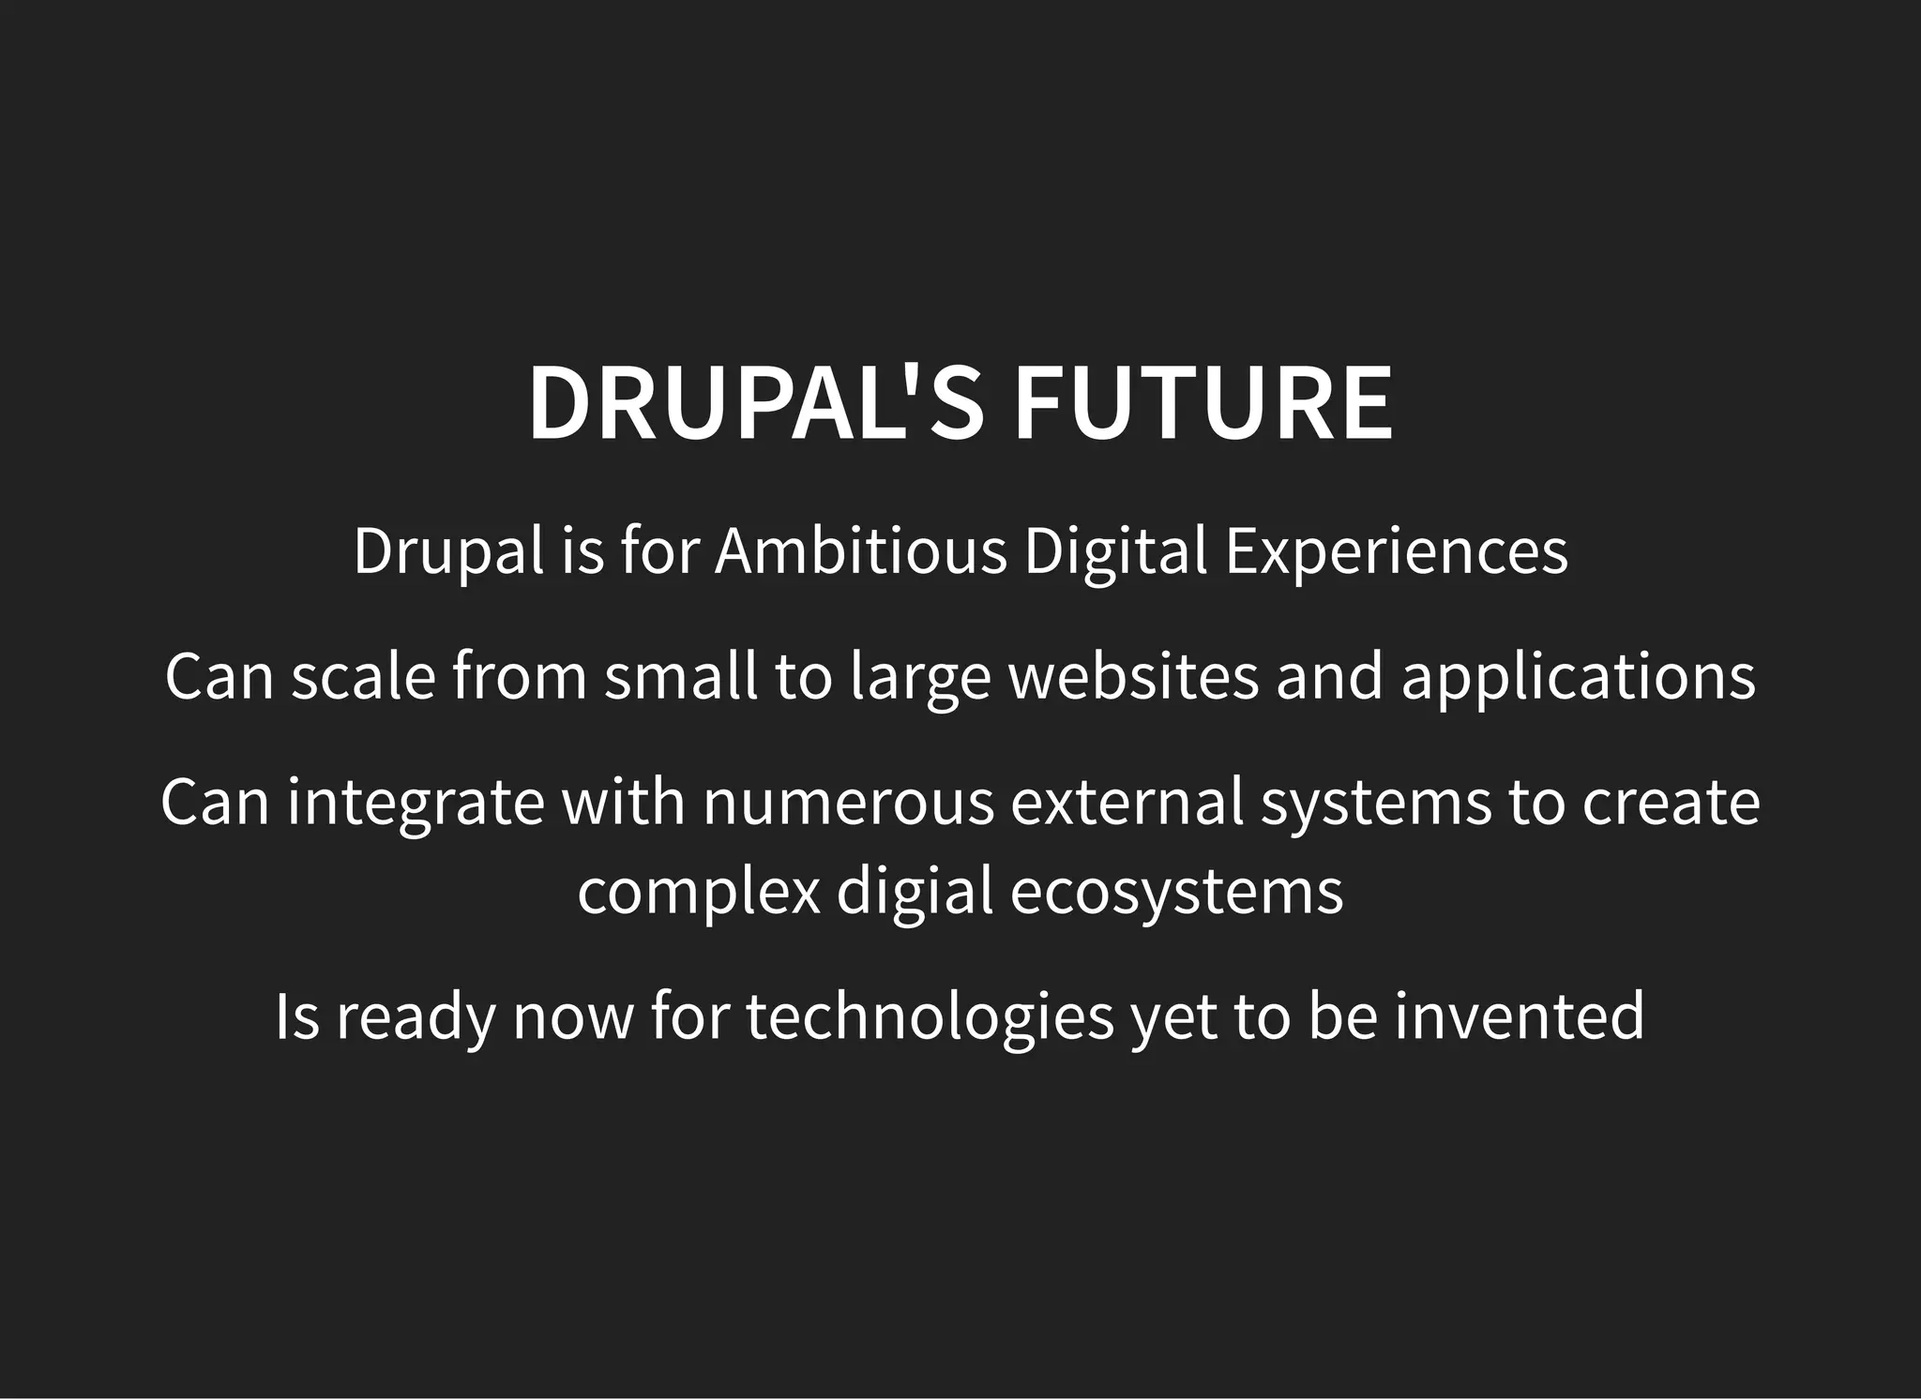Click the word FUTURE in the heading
[1203, 402]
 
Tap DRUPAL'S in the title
[756, 402]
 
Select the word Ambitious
[860, 550]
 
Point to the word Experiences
[1396, 552]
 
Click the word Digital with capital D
[1115, 552]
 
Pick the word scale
[363, 676]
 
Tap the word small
[681, 676]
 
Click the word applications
[1579, 678]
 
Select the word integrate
[416, 804]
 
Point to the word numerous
[848, 804]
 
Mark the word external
[1127, 802]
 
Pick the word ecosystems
[1176, 892]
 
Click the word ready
[416, 1017]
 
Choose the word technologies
[930, 1017]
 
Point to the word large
[920, 678]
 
